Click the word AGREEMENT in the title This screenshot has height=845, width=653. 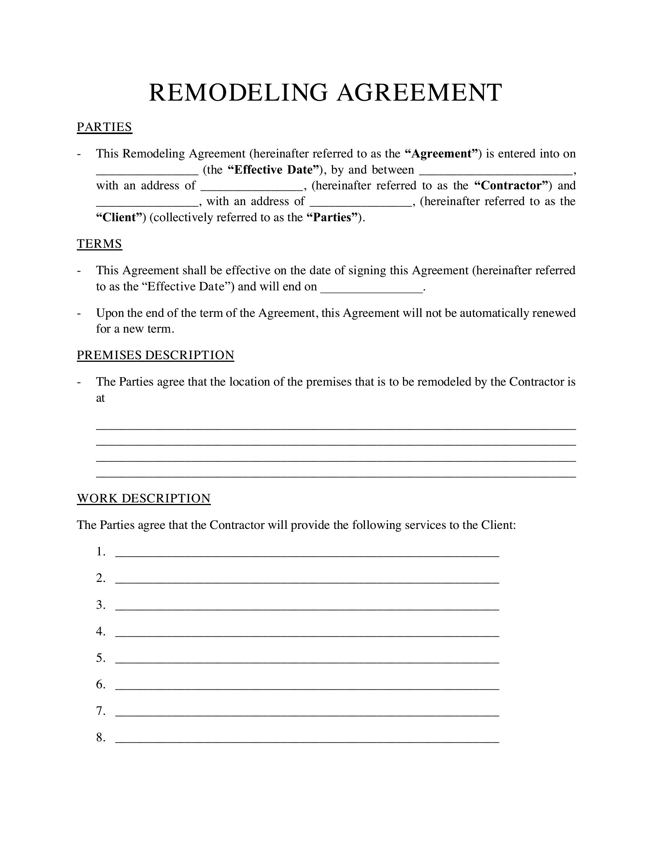419,93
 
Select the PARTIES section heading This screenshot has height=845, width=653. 104,127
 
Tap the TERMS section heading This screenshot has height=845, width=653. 99,244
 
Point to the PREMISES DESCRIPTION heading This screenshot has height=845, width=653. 156,355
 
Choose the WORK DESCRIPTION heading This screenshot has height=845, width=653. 144,498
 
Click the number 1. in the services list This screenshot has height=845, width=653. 101,552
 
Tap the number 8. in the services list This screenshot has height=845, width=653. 101,738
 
